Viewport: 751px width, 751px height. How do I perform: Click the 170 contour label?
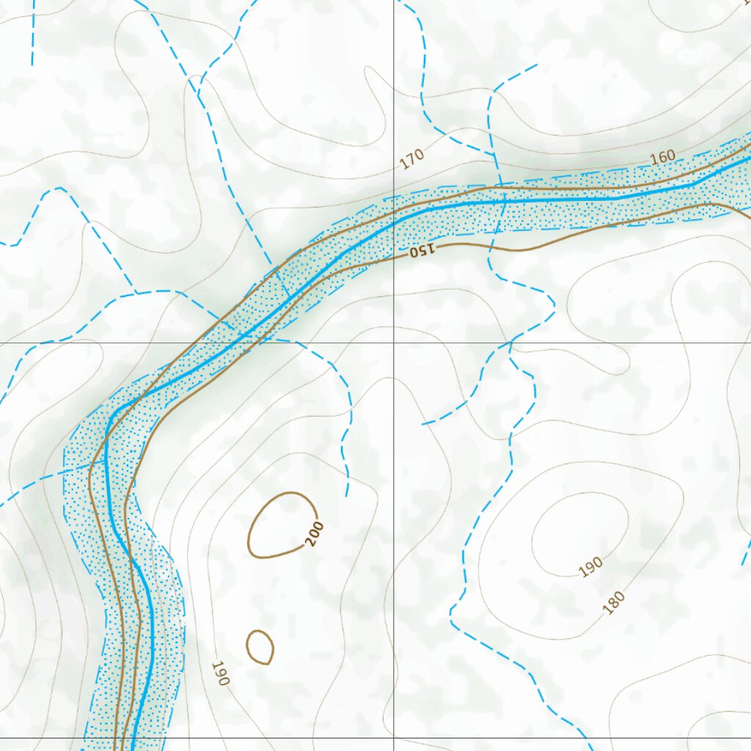point(413,159)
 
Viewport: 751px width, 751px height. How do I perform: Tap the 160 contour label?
point(662,158)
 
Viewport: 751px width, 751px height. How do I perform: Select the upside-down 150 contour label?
point(422,251)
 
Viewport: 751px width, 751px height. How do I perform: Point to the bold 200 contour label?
point(315,535)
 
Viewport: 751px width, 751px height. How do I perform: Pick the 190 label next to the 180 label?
point(590,566)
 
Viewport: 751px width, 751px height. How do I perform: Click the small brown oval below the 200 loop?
point(260,647)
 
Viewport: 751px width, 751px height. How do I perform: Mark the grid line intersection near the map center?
point(394,342)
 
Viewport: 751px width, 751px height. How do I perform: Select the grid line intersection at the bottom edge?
point(394,737)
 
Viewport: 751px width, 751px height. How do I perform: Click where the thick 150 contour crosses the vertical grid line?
point(394,254)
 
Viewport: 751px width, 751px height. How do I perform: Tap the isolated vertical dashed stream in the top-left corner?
point(32,33)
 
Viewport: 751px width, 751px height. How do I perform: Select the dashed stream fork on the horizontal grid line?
point(511,342)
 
